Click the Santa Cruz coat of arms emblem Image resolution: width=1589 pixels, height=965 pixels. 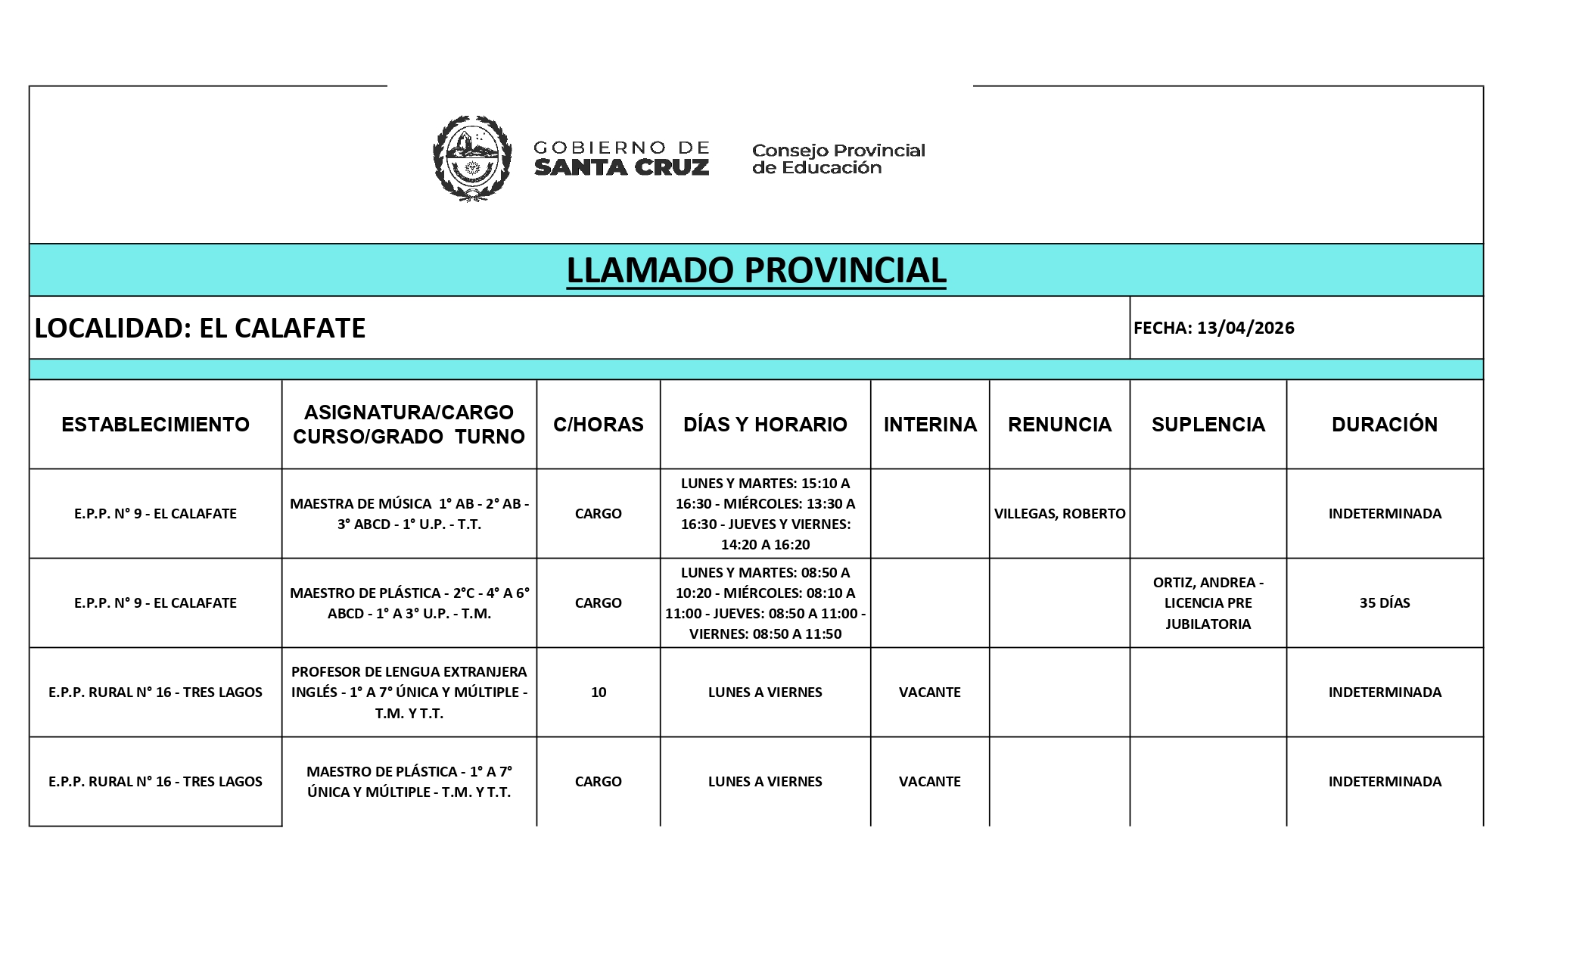(471, 157)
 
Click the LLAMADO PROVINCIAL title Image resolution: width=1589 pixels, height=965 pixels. (756, 270)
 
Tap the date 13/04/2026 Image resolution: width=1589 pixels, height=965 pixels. (1245, 328)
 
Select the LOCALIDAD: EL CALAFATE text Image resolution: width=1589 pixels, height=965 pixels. (201, 328)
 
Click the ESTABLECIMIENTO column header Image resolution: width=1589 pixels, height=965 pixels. (155, 424)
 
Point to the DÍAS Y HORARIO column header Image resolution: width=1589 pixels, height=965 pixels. (765, 424)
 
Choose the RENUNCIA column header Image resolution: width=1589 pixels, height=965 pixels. (1059, 424)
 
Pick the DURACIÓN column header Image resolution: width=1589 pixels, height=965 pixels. (1384, 424)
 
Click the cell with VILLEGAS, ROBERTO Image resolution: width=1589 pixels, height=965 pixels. (1059, 513)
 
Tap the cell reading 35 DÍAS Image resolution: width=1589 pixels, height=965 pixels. (1384, 602)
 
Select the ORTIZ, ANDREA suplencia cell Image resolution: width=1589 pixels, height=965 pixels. (1208, 602)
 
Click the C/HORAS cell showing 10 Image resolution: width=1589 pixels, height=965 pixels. (598, 692)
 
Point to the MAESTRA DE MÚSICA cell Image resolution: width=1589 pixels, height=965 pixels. (409, 513)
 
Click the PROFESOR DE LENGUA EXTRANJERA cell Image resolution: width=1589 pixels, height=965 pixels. (409, 692)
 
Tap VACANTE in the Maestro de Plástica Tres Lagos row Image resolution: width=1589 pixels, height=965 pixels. (929, 781)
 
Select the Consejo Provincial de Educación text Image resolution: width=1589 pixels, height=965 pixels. (838, 159)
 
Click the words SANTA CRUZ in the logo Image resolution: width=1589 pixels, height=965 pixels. (621, 167)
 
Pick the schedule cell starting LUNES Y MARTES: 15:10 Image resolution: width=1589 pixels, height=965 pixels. (765, 513)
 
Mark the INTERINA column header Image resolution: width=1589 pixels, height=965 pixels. (929, 424)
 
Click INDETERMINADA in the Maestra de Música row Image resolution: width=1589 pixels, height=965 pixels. (1384, 513)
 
